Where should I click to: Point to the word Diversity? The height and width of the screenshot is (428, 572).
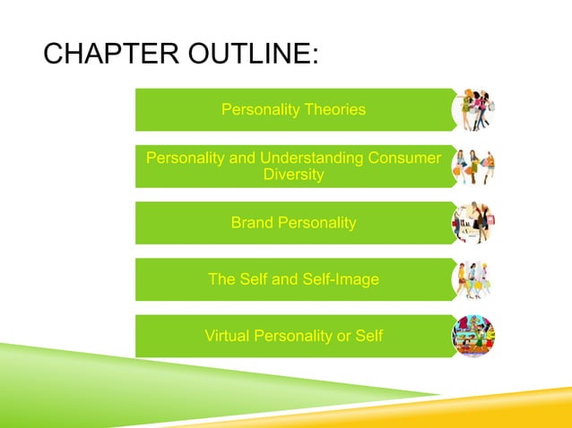tap(293, 175)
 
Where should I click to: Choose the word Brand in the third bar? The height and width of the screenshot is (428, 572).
tap(250, 223)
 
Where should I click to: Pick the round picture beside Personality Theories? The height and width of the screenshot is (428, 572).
tap(474, 110)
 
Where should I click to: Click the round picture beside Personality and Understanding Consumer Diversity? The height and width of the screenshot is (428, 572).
tap(474, 167)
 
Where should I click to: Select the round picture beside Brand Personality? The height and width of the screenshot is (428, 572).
tap(474, 223)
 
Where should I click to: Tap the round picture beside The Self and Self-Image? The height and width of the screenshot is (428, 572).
tap(474, 279)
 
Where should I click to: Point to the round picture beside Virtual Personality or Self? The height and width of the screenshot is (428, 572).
tap(474, 337)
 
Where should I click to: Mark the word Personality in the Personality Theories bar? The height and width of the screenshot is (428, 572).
tap(259, 110)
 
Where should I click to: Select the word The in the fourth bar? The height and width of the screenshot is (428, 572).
tap(221, 279)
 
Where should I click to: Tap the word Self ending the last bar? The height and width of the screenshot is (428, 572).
tap(368, 337)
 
